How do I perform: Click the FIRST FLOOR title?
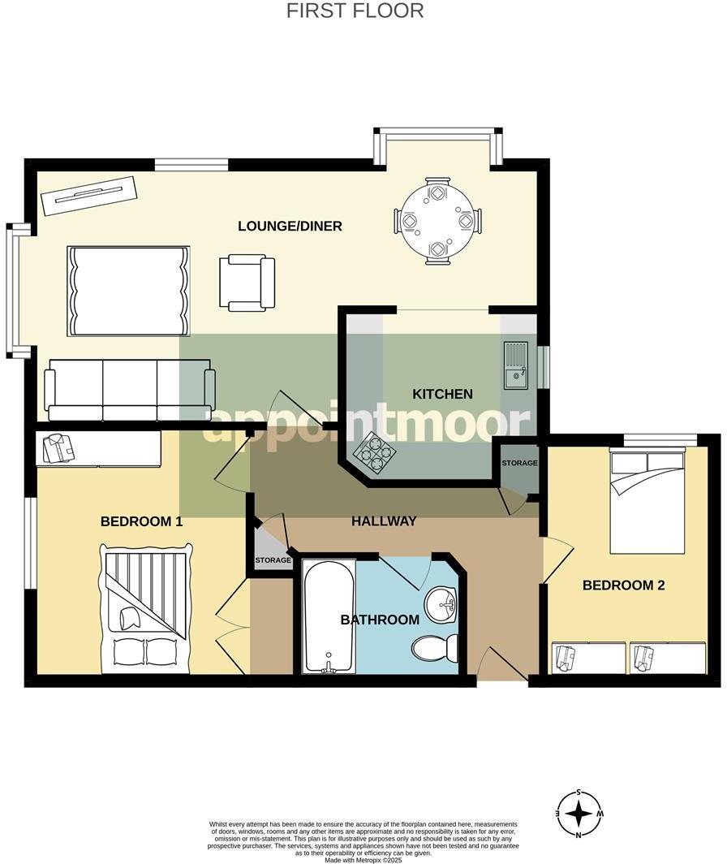point(355,11)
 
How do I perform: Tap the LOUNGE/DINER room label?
point(290,226)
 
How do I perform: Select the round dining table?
point(437,221)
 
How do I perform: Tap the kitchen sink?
point(516,365)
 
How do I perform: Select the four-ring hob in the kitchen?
point(373,453)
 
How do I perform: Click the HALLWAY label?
point(384,521)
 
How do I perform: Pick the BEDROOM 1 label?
point(141,521)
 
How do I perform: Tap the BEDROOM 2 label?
point(624,585)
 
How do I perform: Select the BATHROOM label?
point(380,620)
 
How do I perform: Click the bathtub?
point(329,616)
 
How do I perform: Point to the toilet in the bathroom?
point(435,648)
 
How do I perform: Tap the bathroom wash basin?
point(441,602)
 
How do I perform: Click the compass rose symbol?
point(579,814)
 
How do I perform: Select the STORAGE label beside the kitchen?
point(519,463)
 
